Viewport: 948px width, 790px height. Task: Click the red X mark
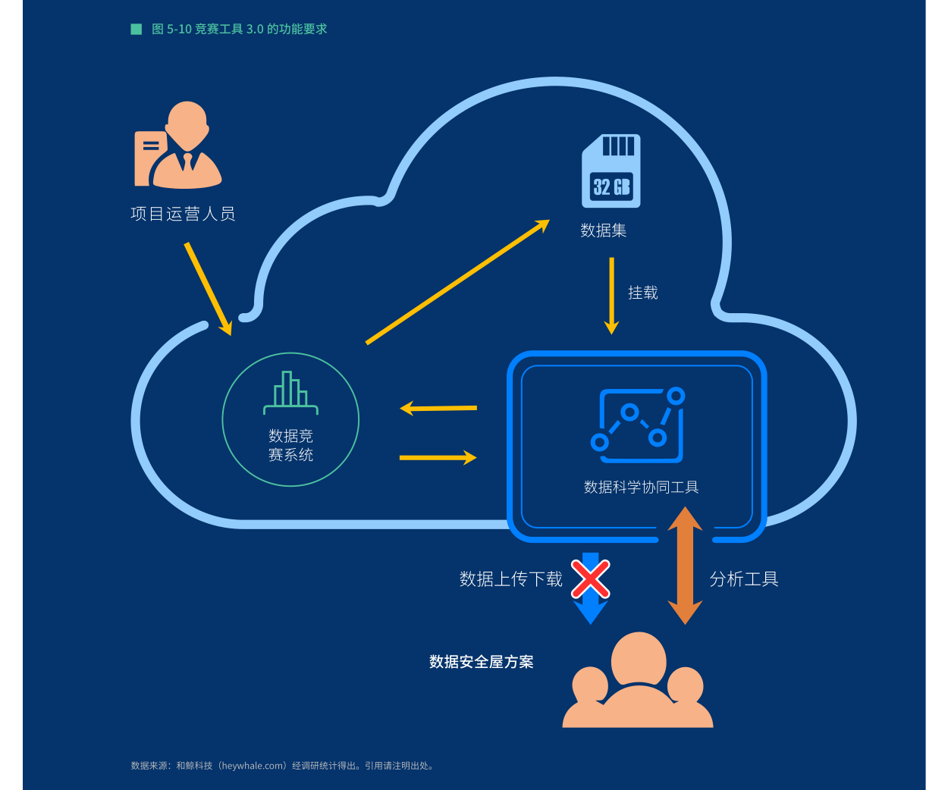590,579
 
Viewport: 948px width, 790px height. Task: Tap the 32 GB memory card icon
611,171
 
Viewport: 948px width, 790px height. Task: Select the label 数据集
603,230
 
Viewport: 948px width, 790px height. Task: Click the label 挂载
642,293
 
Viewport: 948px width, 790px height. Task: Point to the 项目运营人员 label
183,214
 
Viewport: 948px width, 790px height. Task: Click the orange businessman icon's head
187,123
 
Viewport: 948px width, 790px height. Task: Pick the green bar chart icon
290,393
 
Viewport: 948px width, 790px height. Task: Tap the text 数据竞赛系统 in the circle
290,445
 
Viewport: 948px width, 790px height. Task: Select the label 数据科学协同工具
641,487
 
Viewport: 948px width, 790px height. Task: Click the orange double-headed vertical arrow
685,566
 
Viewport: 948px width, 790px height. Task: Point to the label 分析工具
743,579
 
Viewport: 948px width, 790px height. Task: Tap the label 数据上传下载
510,579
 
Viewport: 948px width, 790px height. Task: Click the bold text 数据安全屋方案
481,662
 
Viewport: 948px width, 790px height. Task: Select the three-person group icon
638,683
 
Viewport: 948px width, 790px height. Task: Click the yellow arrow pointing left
438,408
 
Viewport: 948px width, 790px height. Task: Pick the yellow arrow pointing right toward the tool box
438,457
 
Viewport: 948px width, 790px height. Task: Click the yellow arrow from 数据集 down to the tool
611,296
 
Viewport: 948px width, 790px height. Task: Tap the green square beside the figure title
137,29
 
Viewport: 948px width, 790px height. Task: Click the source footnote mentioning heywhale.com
282,766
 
